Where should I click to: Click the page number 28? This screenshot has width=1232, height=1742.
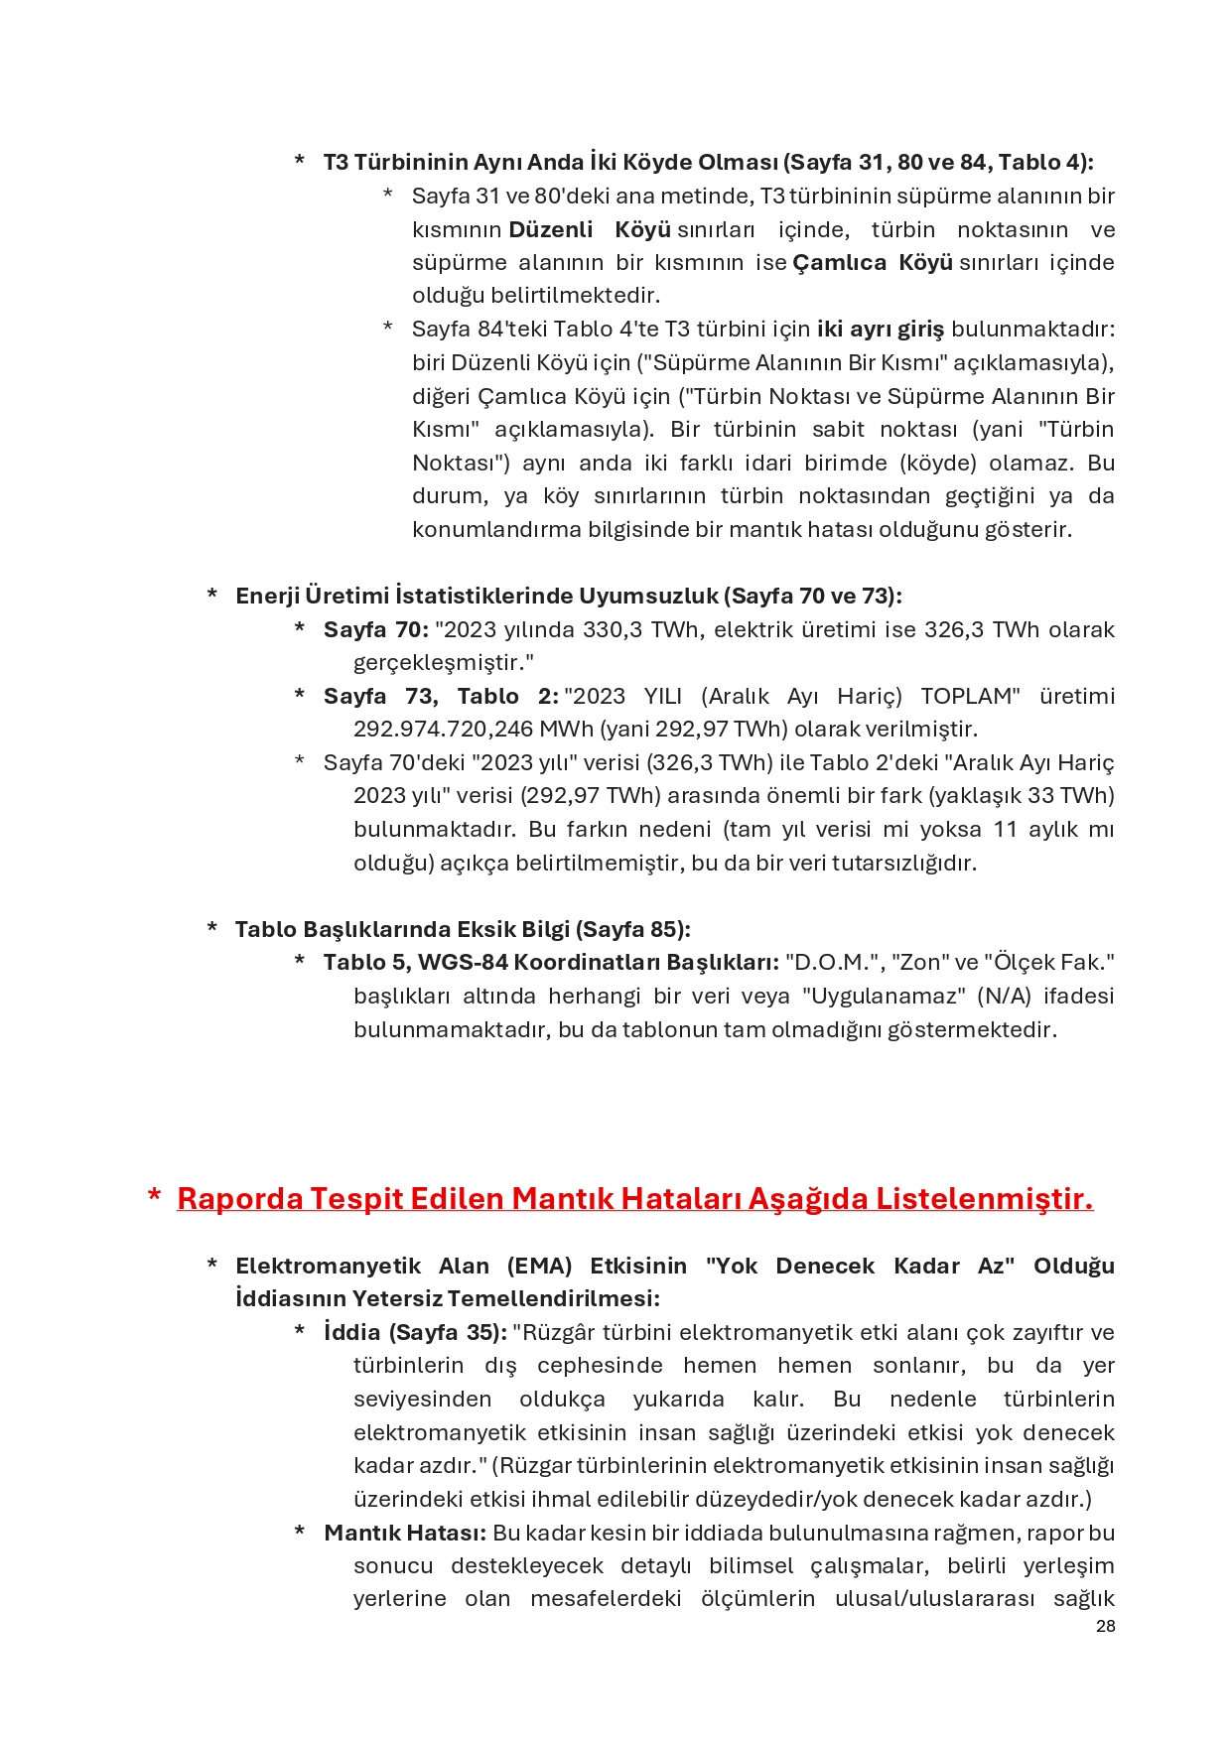1105,1626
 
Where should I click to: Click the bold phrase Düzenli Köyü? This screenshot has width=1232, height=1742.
590,229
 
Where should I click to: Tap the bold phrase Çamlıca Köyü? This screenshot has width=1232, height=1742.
872,263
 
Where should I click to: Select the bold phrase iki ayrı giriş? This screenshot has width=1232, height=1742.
880,330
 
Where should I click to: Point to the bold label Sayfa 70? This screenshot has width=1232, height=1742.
375,630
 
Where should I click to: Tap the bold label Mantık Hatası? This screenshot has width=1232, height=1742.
405,1533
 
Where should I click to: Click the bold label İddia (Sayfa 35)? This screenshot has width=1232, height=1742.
415,1332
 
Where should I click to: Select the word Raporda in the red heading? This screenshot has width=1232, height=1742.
239,1199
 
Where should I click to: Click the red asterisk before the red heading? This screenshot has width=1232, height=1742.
154,1197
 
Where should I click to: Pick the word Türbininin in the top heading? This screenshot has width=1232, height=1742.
411,163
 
